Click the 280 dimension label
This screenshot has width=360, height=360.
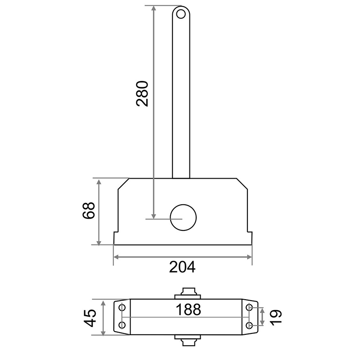(142, 94)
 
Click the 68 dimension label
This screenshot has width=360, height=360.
(88, 211)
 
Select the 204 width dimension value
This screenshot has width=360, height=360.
(182, 267)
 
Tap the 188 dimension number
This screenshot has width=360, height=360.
(188, 310)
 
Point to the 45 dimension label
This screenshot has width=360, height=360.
(90, 318)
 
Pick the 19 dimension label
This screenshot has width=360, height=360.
(275, 317)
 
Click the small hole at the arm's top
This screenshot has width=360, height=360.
(181, 14)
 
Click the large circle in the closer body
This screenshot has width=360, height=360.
(183, 217)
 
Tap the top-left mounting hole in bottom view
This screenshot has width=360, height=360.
(122, 307)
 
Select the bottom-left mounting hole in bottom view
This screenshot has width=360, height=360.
(122, 325)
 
